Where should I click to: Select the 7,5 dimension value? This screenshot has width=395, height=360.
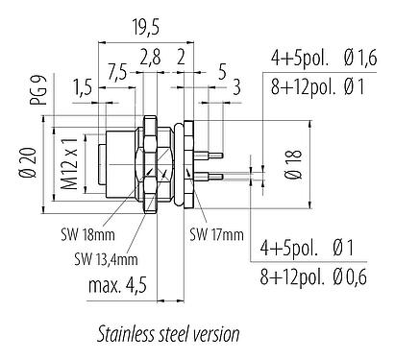click(x=116, y=69)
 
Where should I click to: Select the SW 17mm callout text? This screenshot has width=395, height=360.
click(x=215, y=232)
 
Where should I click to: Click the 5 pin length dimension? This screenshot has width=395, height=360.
click(x=222, y=69)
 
